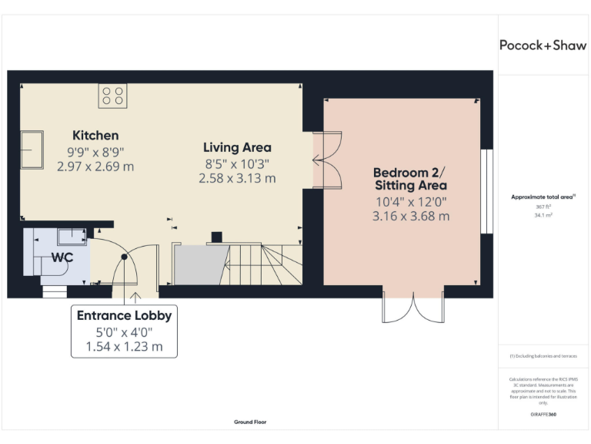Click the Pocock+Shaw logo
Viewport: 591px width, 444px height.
[543, 45]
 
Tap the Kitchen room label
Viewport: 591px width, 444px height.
[95, 135]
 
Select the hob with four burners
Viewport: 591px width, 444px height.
[112, 96]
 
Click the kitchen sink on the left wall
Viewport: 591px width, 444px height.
[32, 149]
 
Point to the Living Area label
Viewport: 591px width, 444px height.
[237, 147]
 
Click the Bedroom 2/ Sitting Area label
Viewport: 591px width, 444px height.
[410, 179]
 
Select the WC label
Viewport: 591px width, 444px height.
[62, 257]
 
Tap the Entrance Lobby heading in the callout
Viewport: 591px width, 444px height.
[124, 315]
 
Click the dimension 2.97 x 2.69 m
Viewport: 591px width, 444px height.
[95, 166]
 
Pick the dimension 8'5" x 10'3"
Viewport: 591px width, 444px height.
[237, 163]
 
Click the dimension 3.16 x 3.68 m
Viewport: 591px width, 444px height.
[410, 216]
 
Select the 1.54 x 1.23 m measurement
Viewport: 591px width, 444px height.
[124, 347]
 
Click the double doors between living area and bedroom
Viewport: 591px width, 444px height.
[327, 160]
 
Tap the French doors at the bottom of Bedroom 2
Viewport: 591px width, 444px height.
[413, 307]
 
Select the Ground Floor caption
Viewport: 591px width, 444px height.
[249, 422]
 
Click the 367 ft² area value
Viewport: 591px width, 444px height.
[543, 207]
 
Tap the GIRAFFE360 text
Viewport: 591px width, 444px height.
[543, 415]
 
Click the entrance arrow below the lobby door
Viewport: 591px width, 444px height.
[136, 294]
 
